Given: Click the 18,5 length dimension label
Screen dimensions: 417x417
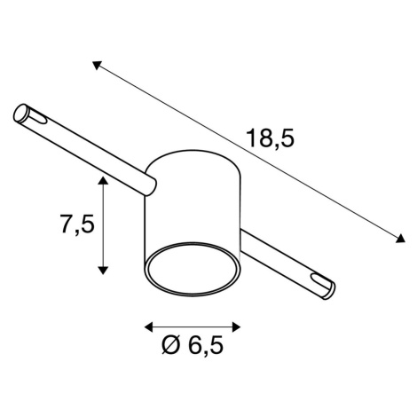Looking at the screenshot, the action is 271,138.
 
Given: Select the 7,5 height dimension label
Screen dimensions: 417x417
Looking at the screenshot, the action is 77,224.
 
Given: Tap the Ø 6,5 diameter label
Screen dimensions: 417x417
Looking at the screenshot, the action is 193,345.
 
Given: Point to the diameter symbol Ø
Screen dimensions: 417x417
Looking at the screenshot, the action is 171,345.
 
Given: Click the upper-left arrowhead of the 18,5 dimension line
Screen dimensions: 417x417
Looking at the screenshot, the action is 97,65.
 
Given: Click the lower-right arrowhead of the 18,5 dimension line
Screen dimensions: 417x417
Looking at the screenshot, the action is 400,238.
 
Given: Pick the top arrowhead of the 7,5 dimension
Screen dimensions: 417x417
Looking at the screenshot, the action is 103,180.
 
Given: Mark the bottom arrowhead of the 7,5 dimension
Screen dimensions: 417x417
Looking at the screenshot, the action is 103,270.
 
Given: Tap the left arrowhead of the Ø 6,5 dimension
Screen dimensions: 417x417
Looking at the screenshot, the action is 148,327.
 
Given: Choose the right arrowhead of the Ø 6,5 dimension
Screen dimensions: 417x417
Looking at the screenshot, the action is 237,327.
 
